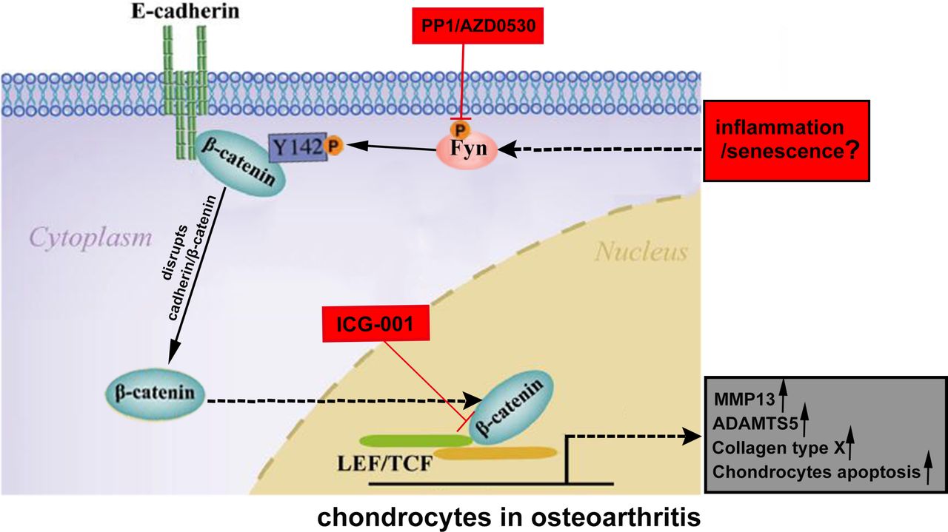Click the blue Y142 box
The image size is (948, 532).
pos(296,147)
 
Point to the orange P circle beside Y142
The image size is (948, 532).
pos(333,147)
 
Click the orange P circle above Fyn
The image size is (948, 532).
pos(461,127)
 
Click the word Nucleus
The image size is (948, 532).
pos(641,252)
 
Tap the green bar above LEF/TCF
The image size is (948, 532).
pos(415,440)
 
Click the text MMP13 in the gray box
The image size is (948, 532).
pos(744,400)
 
